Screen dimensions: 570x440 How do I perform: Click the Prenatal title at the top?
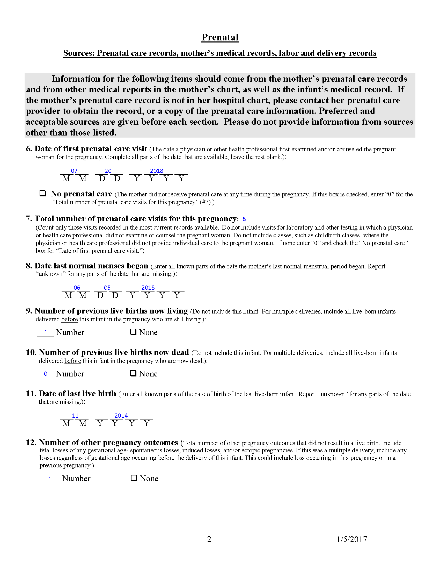click(220, 37)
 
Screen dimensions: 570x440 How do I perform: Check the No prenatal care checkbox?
click(42, 193)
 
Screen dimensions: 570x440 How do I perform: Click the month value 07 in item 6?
click(74, 171)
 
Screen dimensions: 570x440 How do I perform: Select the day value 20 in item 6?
click(108, 171)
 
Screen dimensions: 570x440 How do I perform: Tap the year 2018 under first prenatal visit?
click(156, 171)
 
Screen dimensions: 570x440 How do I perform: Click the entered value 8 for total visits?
click(244, 219)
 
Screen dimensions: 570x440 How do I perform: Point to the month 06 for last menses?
click(77, 288)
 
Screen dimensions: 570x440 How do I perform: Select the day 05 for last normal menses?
click(107, 288)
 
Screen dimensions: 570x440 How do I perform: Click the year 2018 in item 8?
click(148, 288)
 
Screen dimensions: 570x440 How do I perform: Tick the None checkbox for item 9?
click(133, 332)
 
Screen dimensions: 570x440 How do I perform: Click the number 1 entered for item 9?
click(46, 332)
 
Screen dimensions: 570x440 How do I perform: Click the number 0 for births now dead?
click(46, 374)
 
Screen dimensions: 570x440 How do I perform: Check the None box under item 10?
click(133, 373)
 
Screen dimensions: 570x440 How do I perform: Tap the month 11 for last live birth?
click(75, 416)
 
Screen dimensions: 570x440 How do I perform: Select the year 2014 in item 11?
click(121, 416)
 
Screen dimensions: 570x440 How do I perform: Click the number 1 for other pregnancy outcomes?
click(49, 479)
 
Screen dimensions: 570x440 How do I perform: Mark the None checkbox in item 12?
click(134, 478)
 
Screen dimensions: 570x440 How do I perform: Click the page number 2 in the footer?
click(209, 539)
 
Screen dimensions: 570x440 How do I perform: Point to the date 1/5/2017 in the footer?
click(352, 539)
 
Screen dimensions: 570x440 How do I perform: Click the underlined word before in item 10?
click(73, 361)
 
